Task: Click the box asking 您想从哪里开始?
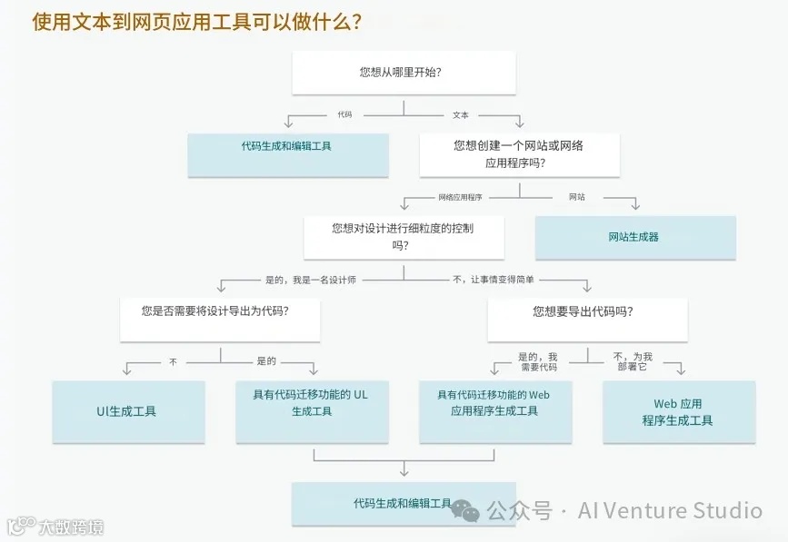(x=404, y=72)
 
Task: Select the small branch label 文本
(x=461, y=115)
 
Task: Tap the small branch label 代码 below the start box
(x=344, y=115)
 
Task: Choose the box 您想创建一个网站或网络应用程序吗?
(x=519, y=154)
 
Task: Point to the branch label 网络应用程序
(x=460, y=197)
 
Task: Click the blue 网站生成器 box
(x=634, y=237)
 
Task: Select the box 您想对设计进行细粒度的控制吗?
(x=403, y=237)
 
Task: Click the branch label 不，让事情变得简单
(x=494, y=280)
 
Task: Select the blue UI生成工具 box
(x=127, y=411)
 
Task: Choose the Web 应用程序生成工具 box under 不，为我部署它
(x=678, y=411)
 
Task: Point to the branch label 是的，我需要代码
(x=538, y=362)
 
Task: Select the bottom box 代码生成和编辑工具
(x=403, y=504)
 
